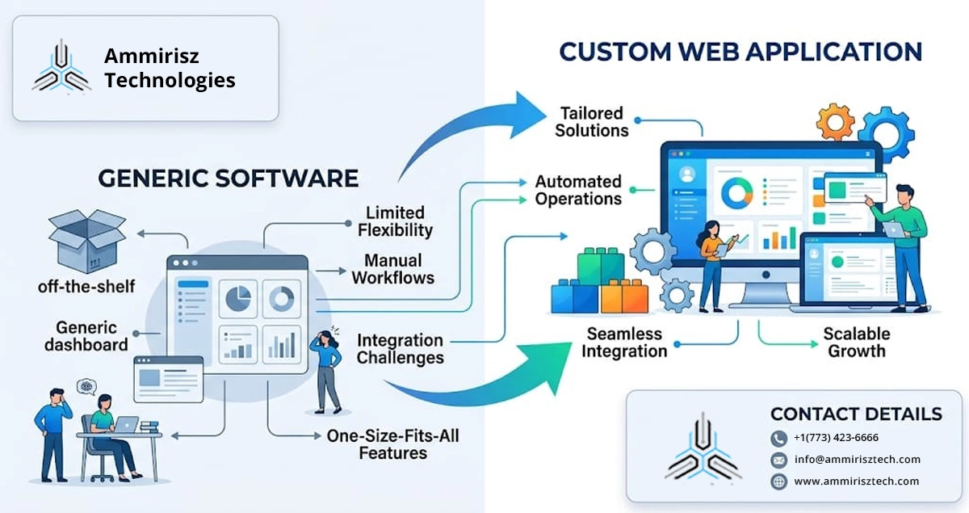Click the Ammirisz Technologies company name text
pos(170,69)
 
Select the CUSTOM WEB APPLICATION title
pos(740,52)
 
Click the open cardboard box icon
pos(86,240)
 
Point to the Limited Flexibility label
pos(395,221)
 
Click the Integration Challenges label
pos(401,349)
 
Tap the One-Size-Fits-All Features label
pos(393,444)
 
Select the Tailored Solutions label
pos(592,121)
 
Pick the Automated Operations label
pos(578,191)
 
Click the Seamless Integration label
pos(624,343)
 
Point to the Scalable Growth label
pos(856,343)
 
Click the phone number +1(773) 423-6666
pos(836,438)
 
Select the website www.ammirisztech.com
pos(856,481)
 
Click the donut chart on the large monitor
pos(736,191)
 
